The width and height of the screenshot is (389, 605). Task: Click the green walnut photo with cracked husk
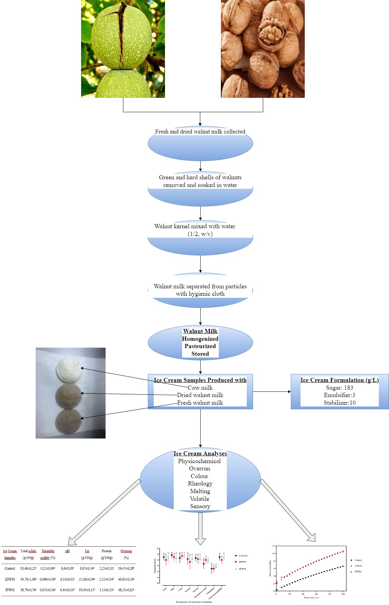pos(123,49)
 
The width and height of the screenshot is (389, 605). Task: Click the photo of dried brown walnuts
pos(262,49)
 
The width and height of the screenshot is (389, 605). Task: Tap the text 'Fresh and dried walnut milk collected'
pos(200,132)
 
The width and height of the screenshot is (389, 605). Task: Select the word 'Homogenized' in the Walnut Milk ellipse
pos(200,339)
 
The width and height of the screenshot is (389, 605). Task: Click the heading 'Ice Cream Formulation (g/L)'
pos(339,380)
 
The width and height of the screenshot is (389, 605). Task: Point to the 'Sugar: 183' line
pos(339,388)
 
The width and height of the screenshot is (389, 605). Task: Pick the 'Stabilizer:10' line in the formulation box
pos(339,403)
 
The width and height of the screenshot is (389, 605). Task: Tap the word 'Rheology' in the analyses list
pos(200,483)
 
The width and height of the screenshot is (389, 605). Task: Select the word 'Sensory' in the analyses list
pos(200,506)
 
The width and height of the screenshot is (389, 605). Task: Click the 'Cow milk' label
pos(200,388)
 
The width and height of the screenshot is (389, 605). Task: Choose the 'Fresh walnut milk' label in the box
pos(200,403)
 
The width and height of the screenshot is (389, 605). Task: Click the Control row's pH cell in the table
pos(67,568)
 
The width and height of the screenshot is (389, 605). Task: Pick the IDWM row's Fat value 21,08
pos(87,579)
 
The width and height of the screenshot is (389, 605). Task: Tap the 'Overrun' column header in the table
pos(126,551)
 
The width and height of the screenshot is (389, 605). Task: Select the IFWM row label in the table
pos(10,590)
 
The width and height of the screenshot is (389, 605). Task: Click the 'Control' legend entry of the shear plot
pos(358,560)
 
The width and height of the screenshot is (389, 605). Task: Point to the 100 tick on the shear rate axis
pos(343,594)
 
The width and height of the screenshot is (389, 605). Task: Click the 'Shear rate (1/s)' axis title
pos(311,598)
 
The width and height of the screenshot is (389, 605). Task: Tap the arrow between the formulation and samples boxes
pos(272,391)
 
